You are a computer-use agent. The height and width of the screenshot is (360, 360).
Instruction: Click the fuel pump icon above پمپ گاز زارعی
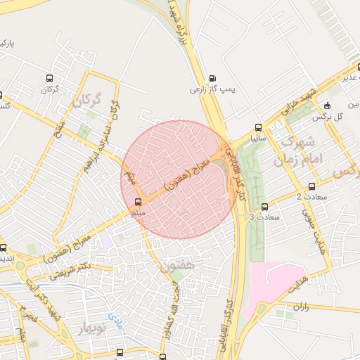(212, 78)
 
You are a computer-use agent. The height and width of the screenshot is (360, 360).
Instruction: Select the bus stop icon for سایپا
(258, 128)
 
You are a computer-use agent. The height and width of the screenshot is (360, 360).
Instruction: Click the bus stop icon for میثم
(137, 202)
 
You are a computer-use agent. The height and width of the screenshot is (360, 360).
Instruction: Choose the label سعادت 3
(264, 217)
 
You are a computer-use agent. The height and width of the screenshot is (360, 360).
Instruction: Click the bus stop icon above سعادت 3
(264, 207)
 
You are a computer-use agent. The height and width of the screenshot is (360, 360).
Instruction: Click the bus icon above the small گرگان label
(49, 78)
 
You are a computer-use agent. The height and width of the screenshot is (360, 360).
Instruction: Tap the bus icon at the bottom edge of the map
(121, 352)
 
